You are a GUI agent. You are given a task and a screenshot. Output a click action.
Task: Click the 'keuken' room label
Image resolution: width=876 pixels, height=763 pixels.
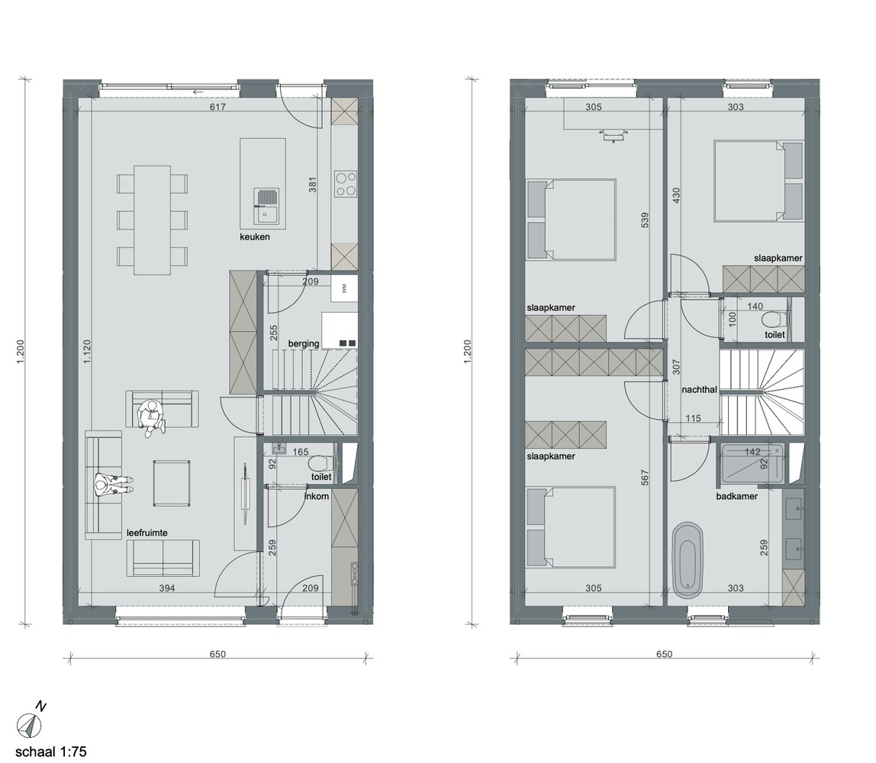pyautogui.click(x=255, y=237)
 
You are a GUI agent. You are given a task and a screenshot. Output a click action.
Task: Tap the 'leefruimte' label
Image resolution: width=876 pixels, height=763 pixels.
pyautogui.click(x=147, y=533)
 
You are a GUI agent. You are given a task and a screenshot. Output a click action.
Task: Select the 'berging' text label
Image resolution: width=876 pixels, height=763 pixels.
pyautogui.click(x=304, y=343)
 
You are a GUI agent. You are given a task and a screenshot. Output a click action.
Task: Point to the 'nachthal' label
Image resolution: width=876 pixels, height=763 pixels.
pyautogui.click(x=699, y=389)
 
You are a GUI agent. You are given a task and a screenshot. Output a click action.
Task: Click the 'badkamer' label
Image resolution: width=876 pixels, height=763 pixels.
pyautogui.click(x=737, y=496)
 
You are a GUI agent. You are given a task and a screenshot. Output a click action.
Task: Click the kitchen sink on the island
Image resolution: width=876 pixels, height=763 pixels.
pyautogui.click(x=266, y=205)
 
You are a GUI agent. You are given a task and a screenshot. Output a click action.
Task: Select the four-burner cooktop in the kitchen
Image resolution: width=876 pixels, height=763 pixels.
pyautogui.click(x=345, y=184)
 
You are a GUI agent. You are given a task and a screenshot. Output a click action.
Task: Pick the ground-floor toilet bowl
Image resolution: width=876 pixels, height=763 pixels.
pyautogui.click(x=320, y=464)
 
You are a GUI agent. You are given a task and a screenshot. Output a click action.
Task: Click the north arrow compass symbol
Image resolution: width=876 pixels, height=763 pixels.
pyautogui.click(x=29, y=725)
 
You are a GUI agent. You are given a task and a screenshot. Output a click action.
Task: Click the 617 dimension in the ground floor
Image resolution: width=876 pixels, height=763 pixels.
pyautogui.click(x=217, y=107)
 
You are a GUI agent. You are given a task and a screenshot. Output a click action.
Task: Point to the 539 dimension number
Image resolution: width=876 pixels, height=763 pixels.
pyautogui.click(x=645, y=220)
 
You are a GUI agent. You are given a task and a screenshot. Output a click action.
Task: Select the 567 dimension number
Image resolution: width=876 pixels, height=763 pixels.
pyautogui.click(x=645, y=477)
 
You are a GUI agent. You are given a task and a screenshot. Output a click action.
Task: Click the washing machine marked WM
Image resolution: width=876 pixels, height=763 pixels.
pyautogui.click(x=344, y=288)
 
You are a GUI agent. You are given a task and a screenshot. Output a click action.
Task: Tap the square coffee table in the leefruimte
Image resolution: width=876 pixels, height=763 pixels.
pyautogui.click(x=172, y=483)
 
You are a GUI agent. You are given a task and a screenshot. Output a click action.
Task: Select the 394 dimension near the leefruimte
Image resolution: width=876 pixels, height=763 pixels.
pyautogui.click(x=167, y=588)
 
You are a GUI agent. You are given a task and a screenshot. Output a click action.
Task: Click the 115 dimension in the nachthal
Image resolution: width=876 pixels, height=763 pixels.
pyautogui.click(x=693, y=418)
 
